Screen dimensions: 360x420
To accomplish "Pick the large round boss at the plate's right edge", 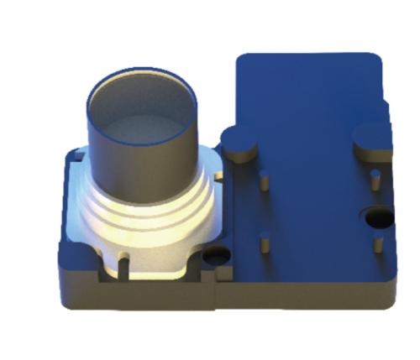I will [372, 140].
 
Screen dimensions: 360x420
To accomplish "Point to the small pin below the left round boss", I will [264, 180].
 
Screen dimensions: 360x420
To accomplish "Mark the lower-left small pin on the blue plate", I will [264, 244].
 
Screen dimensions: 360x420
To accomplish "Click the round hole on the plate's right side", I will [375, 218].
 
